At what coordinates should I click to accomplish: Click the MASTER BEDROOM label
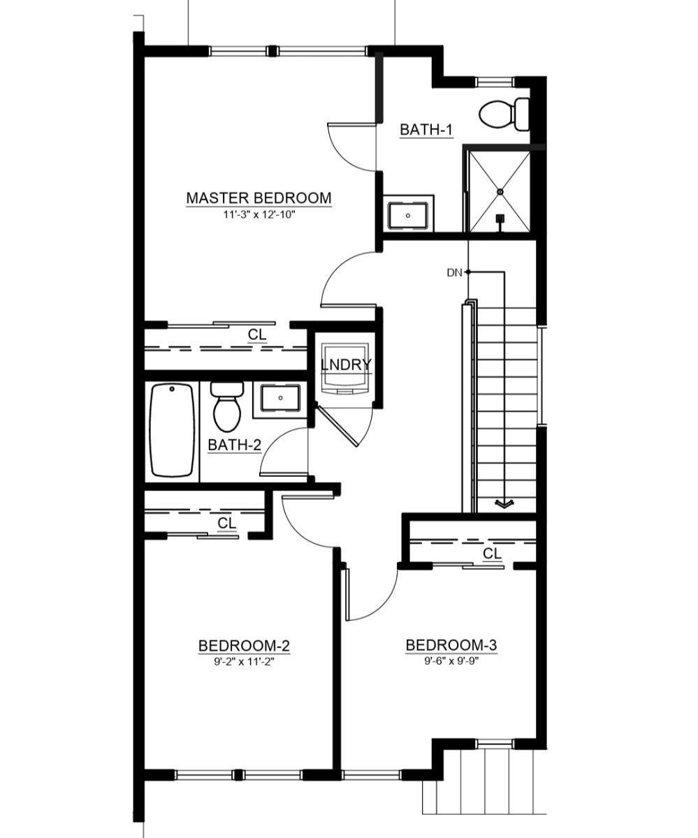pos(259,198)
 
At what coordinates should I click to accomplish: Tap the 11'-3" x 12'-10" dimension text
pos(259,215)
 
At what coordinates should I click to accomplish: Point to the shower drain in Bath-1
pos(500,191)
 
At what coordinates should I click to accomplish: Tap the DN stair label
pos(454,272)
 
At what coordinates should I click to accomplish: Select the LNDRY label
pos(345,365)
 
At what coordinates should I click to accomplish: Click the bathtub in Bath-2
pos(172,430)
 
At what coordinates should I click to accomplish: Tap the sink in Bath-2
pos(280,398)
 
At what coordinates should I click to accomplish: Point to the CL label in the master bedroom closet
pos(257,335)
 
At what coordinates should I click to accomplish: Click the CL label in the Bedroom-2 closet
pos(226,522)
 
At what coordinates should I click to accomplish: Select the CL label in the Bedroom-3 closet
pos(493,554)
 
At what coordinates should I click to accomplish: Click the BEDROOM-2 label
pos(244,645)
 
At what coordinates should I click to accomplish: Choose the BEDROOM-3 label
pos(451,645)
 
